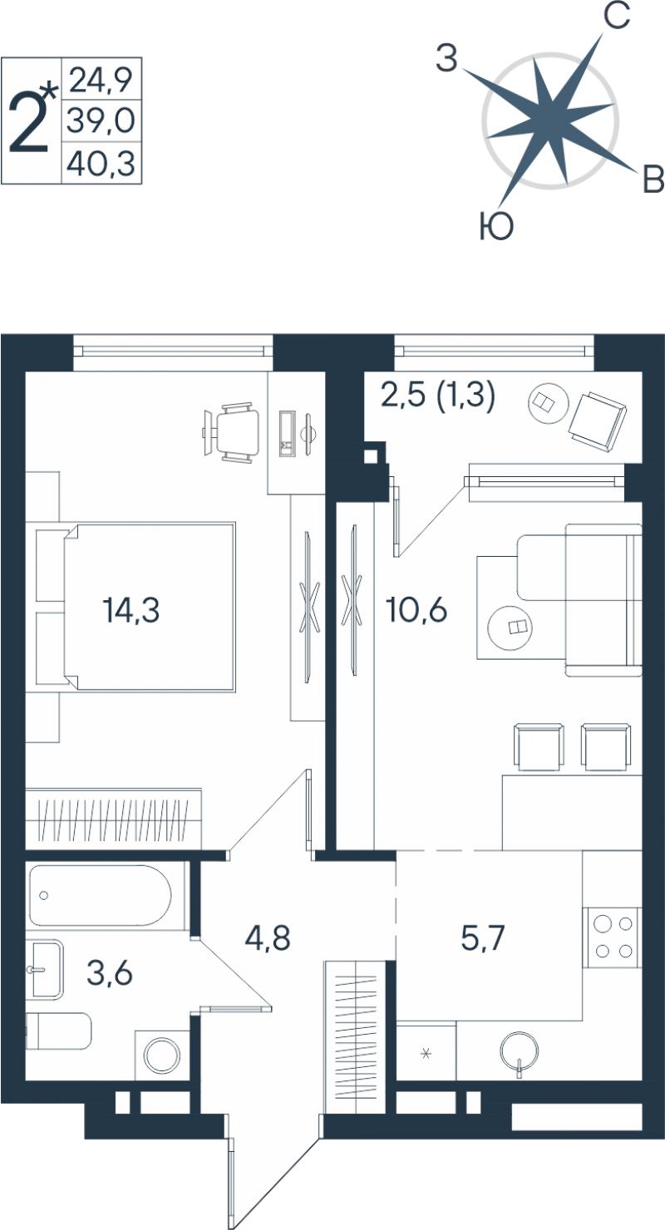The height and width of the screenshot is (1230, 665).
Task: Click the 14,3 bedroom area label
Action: (131, 610)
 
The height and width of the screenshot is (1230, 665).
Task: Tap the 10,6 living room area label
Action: (416, 609)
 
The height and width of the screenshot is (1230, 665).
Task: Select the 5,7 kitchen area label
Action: (483, 937)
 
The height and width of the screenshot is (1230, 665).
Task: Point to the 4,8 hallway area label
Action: (268, 937)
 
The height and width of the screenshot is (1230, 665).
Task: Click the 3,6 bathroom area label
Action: (110, 974)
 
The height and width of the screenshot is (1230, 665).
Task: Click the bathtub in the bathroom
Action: (101, 896)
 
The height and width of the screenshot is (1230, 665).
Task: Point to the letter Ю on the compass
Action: (496, 227)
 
